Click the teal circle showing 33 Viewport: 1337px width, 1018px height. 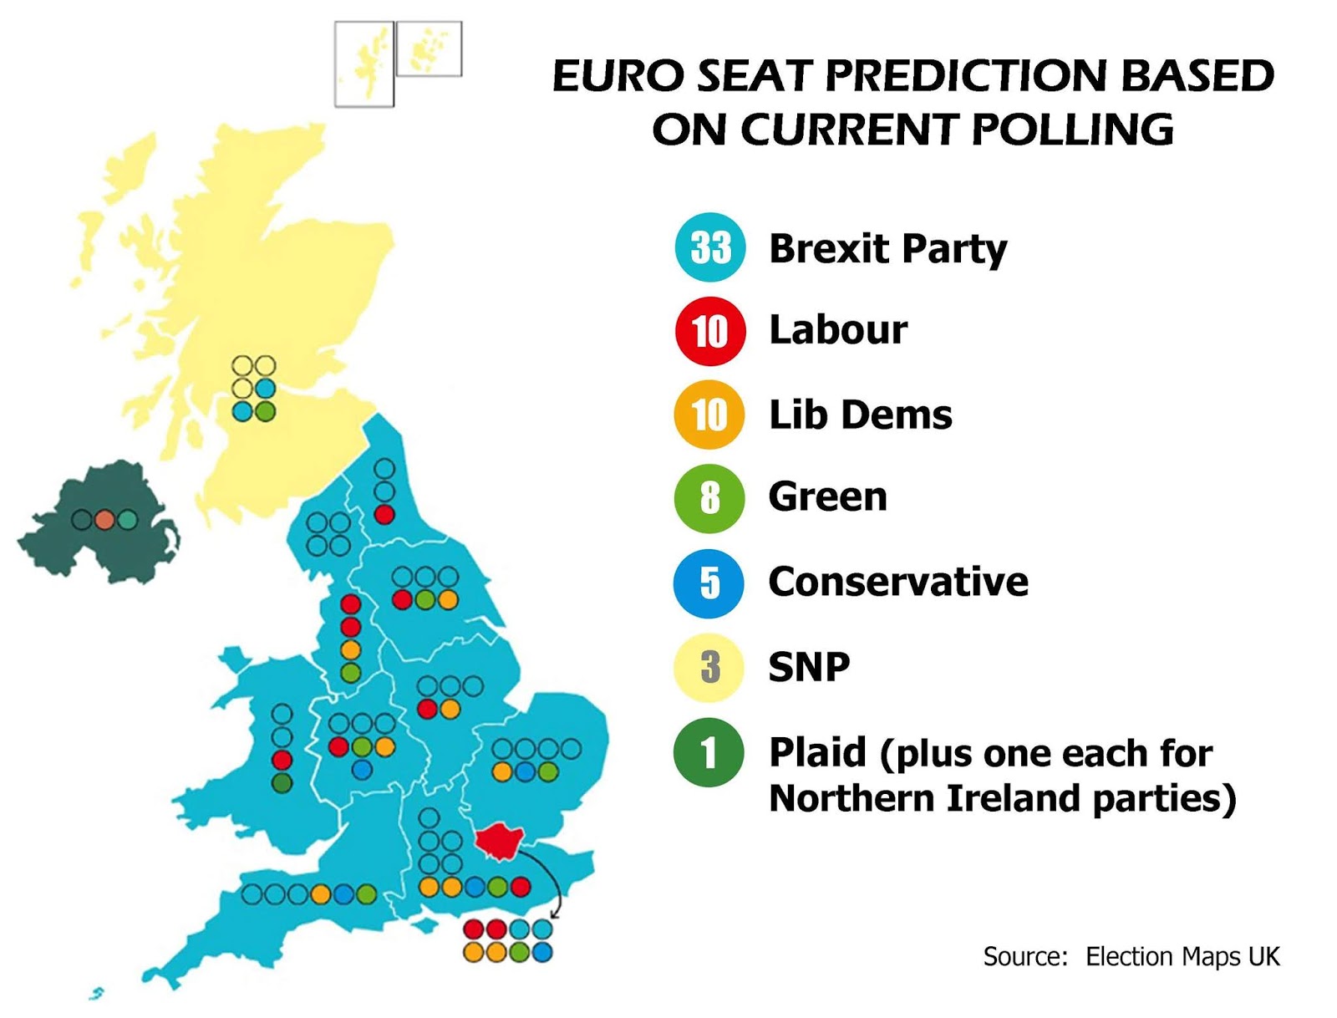pos(709,247)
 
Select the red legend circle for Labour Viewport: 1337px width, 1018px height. pos(709,331)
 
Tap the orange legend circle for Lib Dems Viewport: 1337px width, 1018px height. pos(709,415)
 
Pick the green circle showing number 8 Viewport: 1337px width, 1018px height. pos(709,497)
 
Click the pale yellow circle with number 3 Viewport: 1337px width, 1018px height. pos(709,667)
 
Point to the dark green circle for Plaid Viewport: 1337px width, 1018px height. pos(709,752)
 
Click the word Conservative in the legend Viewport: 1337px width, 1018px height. pos(898,582)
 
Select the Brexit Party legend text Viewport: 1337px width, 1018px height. pos(887,248)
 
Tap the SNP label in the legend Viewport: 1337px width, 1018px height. pos(809,667)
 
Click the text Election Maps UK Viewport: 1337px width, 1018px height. pos(1182,956)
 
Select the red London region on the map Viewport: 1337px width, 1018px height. pos(499,839)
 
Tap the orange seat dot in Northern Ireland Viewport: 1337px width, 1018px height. pos(104,520)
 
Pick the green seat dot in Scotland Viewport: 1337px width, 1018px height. pos(265,411)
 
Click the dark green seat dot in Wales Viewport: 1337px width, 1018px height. pos(282,783)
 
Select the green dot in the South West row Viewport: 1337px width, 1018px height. pos(366,894)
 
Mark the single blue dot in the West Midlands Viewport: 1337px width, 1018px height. pos(362,769)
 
